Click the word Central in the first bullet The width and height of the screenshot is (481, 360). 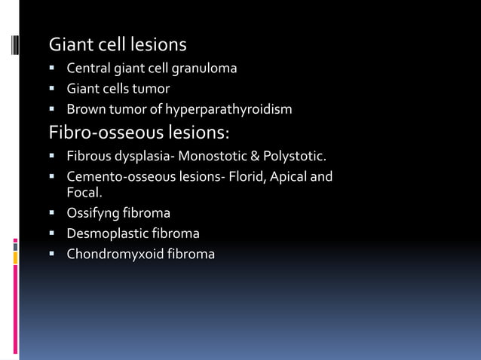pos(89,69)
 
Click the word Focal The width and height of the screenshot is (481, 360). pos(84,192)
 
